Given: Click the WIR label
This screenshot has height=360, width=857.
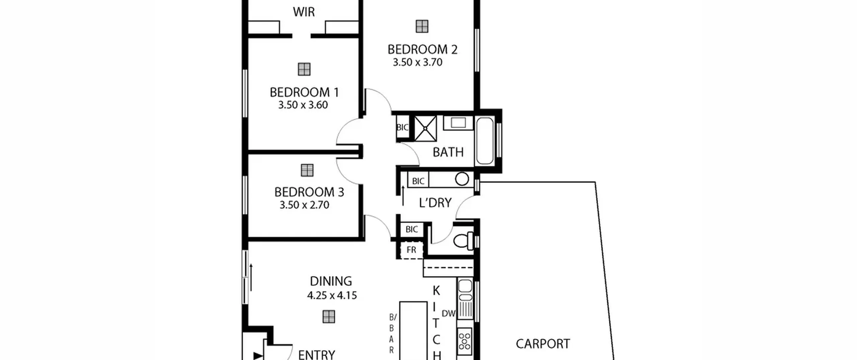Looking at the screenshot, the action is [x=304, y=12].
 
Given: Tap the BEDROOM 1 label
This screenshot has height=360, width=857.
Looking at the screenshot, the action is [x=304, y=92].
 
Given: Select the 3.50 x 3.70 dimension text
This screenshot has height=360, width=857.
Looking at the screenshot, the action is [x=417, y=62].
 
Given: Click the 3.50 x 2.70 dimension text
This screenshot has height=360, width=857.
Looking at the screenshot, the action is [x=304, y=205].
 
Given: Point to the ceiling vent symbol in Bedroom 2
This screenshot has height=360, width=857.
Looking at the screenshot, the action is [x=422, y=26].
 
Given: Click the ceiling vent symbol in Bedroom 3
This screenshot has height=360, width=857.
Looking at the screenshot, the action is [x=307, y=170].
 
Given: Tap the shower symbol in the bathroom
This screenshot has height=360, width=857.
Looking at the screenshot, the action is [x=425, y=128].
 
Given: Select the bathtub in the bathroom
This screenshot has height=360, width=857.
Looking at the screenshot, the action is [x=484, y=141].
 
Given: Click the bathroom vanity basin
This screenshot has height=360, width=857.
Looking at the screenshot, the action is [x=458, y=123].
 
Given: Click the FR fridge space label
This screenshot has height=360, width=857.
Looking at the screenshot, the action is [x=411, y=250].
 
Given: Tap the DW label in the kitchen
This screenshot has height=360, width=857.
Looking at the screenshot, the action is [x=449, y=313].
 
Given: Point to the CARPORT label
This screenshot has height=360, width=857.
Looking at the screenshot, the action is [x=543, y=344].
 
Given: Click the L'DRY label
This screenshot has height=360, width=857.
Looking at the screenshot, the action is [x=435, y=203].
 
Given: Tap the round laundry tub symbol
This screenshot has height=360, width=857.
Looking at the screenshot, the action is [x=462, y=179].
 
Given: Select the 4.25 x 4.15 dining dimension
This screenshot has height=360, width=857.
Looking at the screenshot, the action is [x=332, y=295].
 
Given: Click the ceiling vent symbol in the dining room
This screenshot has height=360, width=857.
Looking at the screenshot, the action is [x=329, y=316].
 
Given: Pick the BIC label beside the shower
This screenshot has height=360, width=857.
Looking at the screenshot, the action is [x=402, y=127].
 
